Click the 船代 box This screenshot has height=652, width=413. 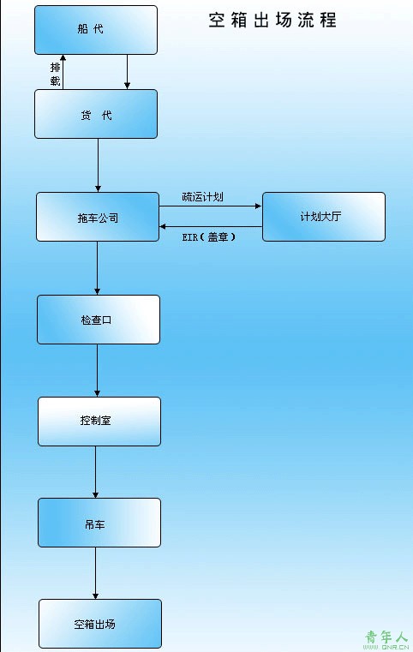tap(96, 30)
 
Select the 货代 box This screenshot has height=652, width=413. tap(96, 114)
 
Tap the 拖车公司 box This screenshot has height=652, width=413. tap(98, 217)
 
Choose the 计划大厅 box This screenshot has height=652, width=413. tap(324, 217)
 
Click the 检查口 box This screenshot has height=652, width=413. tap(99, 320)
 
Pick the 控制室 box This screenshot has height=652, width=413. tap(99, 422)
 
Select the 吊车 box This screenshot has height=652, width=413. tap(99, 523)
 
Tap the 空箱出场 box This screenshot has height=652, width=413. tap(100, 624)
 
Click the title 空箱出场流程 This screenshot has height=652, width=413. tap(272, 20)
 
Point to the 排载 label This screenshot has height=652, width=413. tap(56, 74)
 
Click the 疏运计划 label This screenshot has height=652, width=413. tap(202, 197)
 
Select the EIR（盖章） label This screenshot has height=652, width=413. tap(209, 237)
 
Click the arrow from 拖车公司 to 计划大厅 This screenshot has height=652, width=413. tap(211, 206)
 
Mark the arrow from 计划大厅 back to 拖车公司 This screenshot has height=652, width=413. tap(211, 227)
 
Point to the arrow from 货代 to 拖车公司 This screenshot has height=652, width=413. tap(99, 165)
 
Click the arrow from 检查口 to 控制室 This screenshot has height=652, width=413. tap(98, 370)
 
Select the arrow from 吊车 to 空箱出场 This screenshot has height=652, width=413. tap(96, 573)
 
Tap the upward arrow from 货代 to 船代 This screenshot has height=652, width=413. tap(63, 72)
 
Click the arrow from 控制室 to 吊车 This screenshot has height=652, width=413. tap(96, 472)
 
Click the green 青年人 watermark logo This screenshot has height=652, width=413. tap(386, 639)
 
